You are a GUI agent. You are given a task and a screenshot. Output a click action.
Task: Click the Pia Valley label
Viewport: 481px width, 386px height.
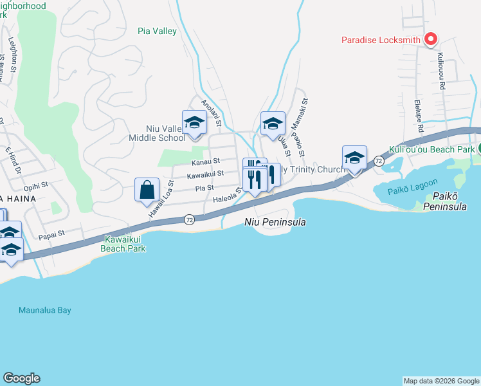(158, 30)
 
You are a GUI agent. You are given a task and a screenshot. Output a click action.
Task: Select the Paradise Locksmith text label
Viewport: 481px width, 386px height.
(381, 41)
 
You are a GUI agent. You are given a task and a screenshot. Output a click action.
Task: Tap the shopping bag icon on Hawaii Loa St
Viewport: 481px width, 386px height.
(147, 190)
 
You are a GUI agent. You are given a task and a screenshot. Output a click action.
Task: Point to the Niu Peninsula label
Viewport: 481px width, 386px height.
(275, 222)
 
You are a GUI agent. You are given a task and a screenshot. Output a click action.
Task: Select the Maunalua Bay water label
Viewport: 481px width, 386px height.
(44, 310)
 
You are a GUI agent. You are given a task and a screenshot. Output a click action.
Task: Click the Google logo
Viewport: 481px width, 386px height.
(21, 378)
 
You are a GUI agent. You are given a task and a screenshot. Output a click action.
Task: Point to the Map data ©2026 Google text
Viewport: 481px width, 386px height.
(440, 381)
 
